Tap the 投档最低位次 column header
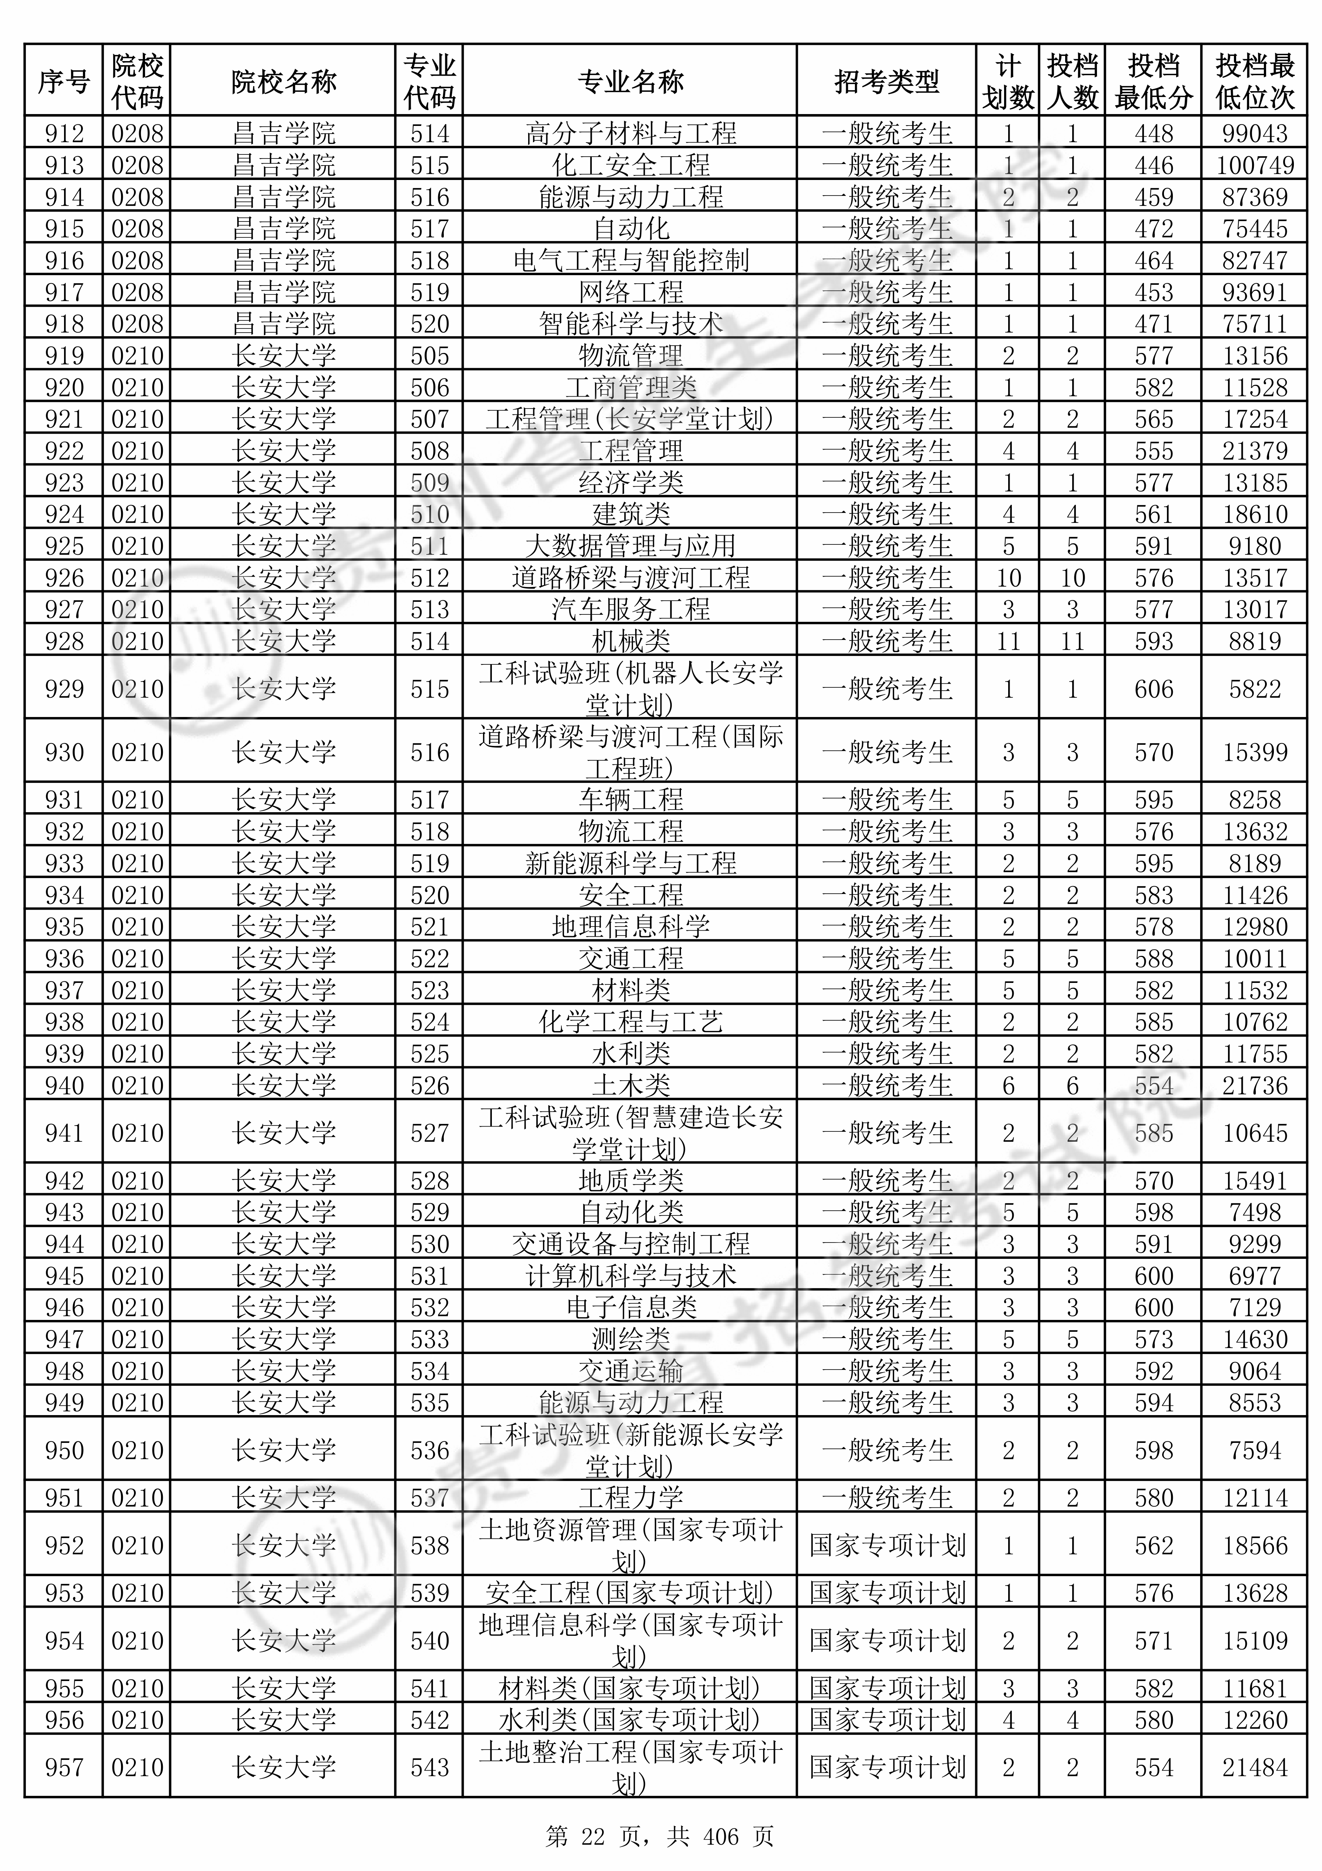1254,81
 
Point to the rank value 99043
1254,133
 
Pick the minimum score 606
1153,688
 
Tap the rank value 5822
1254,688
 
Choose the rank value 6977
1254,1275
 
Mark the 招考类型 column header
886,81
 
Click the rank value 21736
1254,1085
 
